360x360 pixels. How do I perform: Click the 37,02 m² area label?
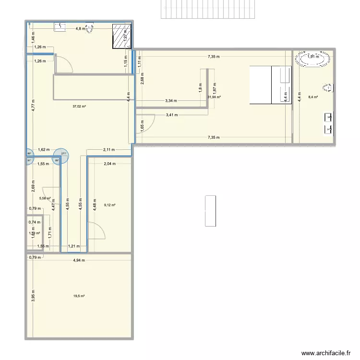tap(79, 107)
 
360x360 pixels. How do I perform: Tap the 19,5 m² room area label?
tap(79, 296)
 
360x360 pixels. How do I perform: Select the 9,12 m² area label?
tap(109, 205)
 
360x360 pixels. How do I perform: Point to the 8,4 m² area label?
tap(312, 97)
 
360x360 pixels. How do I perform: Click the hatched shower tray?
tap(122, 36)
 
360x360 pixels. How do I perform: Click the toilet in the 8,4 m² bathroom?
tap(328, 88)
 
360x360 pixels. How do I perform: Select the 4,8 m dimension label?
tap(80, 28)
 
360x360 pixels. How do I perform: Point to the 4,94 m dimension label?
tap(79, 261)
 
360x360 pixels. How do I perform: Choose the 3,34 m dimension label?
tap(171, 101)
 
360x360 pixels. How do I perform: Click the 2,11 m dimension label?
tap(109, 149)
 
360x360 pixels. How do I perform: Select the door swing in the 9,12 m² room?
tap(98, 232)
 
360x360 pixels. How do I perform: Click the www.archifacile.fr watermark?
tap(324, 353)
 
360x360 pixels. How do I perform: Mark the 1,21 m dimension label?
tap(73, 246)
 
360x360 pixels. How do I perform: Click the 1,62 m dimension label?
tap(44, 149)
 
